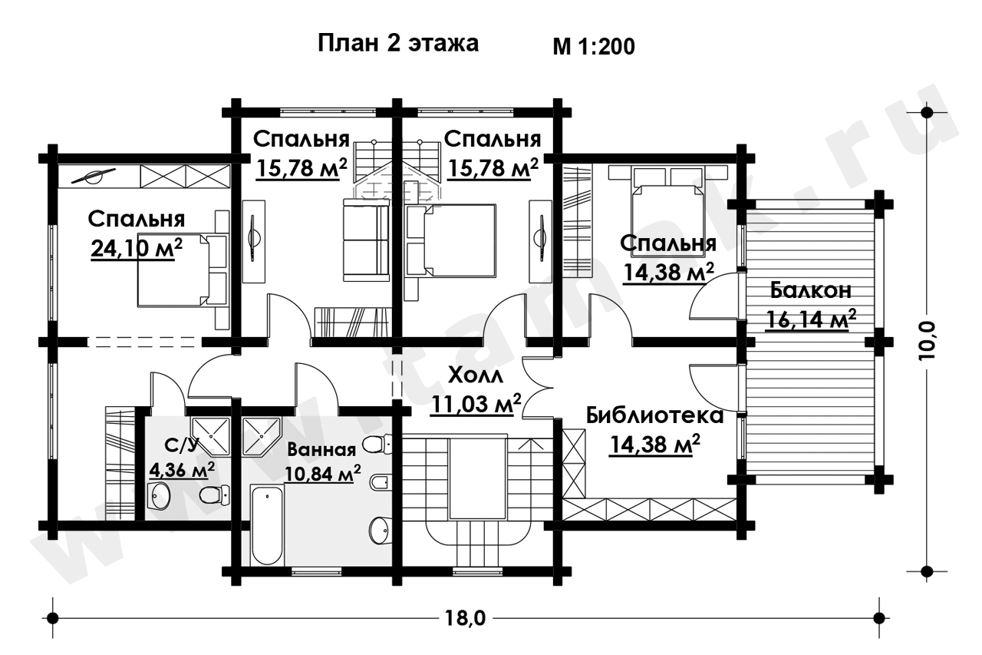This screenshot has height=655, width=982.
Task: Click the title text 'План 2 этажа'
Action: [398, 44]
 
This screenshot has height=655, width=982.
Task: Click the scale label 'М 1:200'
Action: [594, 47]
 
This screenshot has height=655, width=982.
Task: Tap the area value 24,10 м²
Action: [137, 248]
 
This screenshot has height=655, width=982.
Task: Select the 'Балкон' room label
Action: [811, 290]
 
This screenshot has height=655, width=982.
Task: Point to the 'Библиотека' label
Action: [654, 416]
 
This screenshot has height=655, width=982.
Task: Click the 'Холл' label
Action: [476, 376]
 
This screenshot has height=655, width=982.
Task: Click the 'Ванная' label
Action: [321, 450]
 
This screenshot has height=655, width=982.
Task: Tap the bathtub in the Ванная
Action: [266, 524]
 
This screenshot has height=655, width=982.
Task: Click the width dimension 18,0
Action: [466, 619]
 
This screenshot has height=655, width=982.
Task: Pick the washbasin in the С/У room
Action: [158, 496]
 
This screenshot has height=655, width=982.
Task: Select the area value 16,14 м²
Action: [811, 319]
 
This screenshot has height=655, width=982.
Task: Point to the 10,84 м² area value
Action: [323, 474]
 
